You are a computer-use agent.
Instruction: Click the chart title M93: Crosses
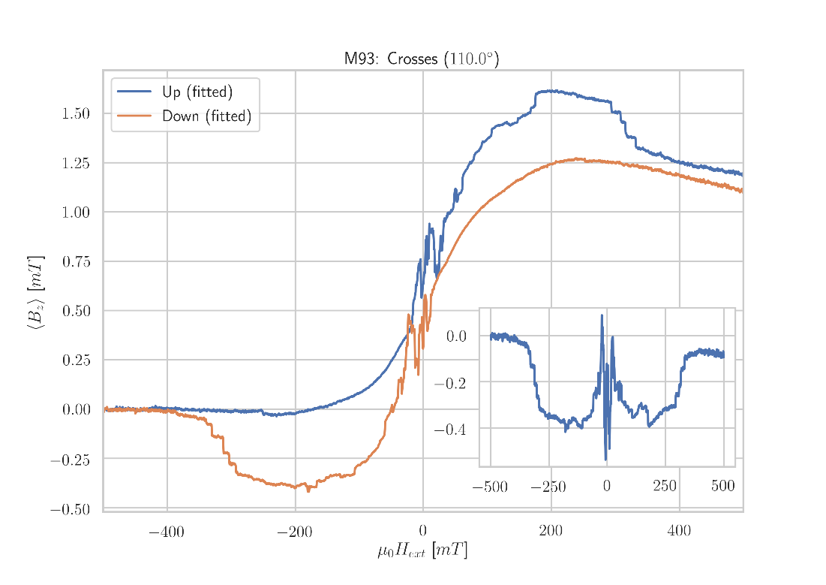pyautogui.click(x=421, y=59)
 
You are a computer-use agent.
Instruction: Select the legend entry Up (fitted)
pyautogui.click(x=197, y=92)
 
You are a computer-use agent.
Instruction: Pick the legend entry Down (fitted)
pyautogui.click(x=206, y=116)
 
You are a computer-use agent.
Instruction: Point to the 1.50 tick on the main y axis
pyautogui.click(x=76, y=113)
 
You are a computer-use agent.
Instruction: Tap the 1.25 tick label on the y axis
pyautogui.click(x=76, y=163)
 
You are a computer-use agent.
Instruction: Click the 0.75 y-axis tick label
pyautogui.click(x=76, y=261)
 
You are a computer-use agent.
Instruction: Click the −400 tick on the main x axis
pyautogui.click(x=167, y=532)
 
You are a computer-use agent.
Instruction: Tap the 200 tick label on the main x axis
pyautogui.click(x=551, y=532)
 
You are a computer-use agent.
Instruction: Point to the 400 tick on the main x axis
pyautogui.click(x=679, y=532)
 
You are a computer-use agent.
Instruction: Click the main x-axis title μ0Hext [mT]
pyautogui.click(x=422, y=551)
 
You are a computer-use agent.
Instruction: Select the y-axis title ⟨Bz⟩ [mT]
pyautogui.click(x=36, y=293)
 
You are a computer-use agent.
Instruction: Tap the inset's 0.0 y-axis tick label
pyautogui.click(x=456, y=336)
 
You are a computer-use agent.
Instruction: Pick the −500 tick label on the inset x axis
pyautogui.click(x=490, y=487)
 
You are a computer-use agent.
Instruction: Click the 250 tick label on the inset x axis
pyautogui.click(x=665, y=487)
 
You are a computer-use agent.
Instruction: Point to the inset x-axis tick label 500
pyautogui.click(x=722, y=487)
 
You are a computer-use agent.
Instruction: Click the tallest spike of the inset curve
pyautogui.click(x=602, y=315)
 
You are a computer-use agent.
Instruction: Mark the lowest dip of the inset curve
pyautogui.click(x=605, y=460)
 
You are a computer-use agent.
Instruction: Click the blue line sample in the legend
pyautogui.click(x=134, y=92)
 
